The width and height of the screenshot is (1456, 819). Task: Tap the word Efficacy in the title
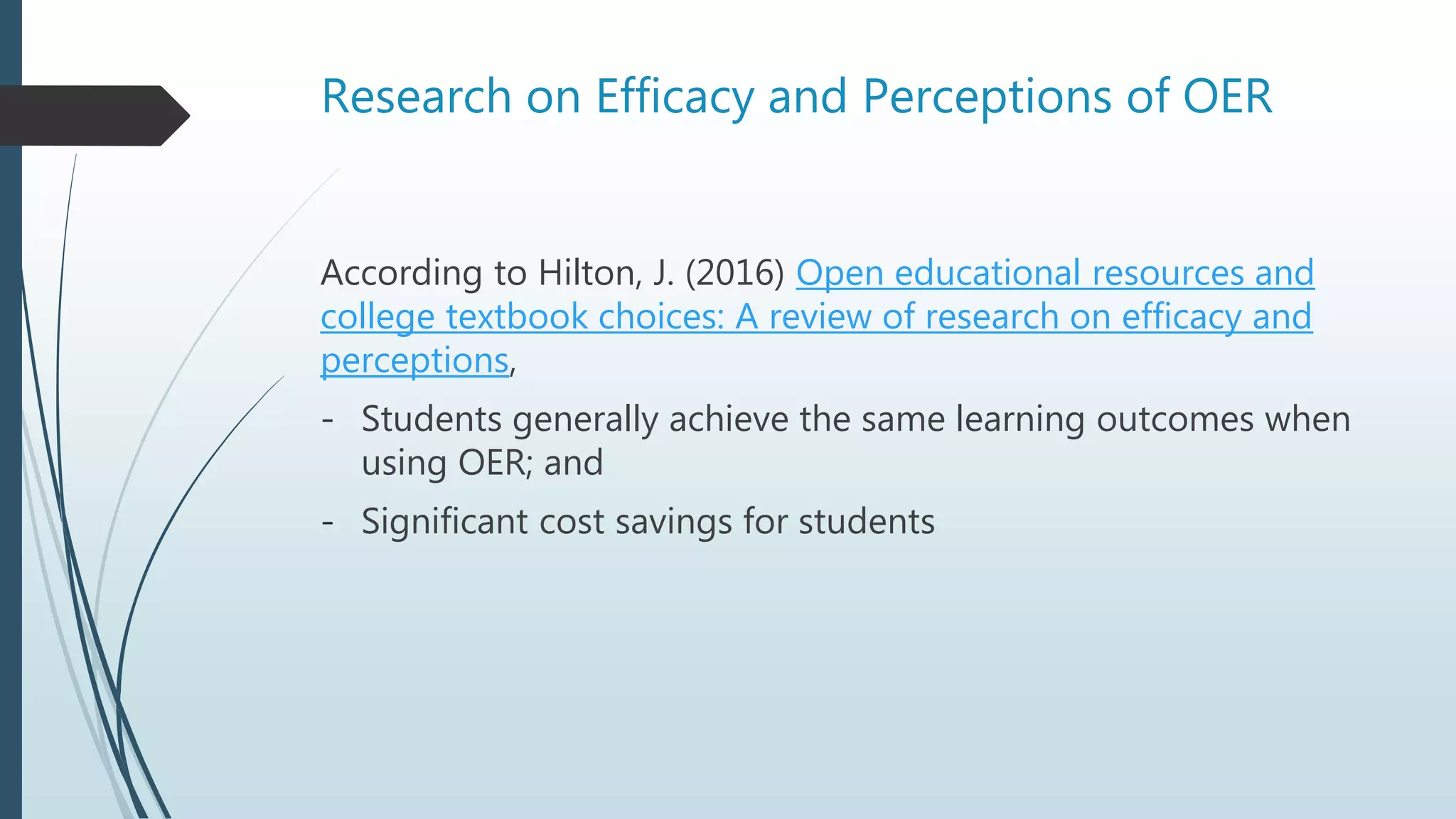[675, 97]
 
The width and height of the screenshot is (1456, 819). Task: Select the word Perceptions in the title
[987, 97]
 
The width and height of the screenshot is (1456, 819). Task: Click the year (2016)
[734, 273]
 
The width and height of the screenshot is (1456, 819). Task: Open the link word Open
[839, 273]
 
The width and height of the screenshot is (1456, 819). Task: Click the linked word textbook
[516, 317]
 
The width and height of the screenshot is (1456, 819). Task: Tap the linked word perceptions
[414, 361]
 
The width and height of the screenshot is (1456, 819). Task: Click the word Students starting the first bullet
[432, 419]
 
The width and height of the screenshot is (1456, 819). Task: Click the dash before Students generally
[327, 420]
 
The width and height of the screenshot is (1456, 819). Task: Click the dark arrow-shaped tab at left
[92, 116]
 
